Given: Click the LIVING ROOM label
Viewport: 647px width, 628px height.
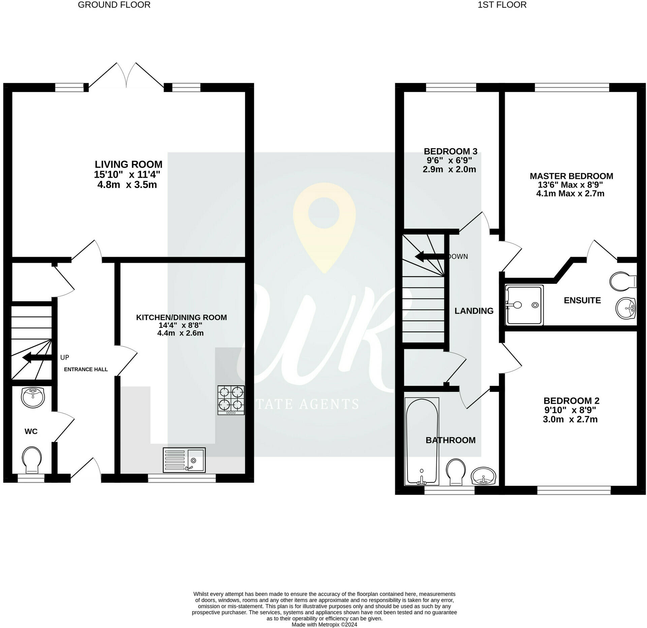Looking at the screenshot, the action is point(128,164).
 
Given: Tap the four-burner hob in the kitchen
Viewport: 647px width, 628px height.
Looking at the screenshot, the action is point(231,400).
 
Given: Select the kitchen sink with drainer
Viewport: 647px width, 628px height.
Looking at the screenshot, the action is point(184,460).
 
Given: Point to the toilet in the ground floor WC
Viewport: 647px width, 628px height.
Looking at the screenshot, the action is point(32,461).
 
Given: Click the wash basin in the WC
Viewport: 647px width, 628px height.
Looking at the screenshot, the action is point(32,397).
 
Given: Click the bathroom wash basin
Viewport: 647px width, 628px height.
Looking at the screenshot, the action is point(484,476).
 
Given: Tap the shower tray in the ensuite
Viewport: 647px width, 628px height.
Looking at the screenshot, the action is point(524,305).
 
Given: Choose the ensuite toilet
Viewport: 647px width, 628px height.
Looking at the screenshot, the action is point(623,281).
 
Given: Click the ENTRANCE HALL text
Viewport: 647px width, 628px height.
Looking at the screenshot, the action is point(86,369).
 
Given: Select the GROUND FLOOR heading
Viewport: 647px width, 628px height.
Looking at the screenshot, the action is point(114,5).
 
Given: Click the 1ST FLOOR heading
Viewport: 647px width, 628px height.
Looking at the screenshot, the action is point(502,5).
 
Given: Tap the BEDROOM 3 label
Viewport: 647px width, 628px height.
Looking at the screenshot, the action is point(451,151).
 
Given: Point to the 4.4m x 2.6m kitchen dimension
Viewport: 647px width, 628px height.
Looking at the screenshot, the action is point(180,333).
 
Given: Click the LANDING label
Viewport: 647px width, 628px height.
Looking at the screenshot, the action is point(474,311).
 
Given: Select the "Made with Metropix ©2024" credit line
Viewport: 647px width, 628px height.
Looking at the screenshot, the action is point(324,625).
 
